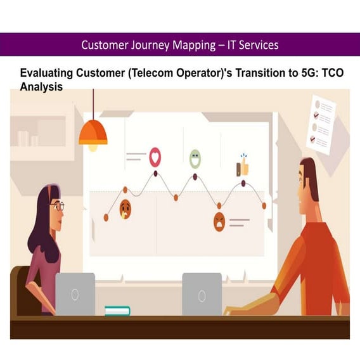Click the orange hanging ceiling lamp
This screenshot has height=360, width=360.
pos(93,134)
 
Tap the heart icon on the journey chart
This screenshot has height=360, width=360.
pos(155,156)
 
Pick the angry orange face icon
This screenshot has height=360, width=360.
pos(219,222)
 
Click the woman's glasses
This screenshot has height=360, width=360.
pos(58,206)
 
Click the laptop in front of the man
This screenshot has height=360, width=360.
pos(202,294)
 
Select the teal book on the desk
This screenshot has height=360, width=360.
pos(117,311)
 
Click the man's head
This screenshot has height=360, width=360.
pos(307,179)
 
